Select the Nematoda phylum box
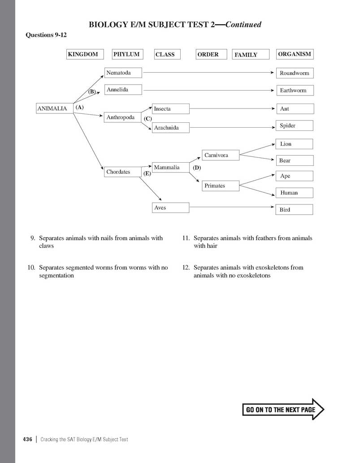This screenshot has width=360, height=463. click(x=123, y=73)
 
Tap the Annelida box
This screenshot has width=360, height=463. click(x=123, y=90)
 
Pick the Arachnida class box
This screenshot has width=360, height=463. click(x=171, y=128)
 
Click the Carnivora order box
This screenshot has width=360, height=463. click(x=221, y=156)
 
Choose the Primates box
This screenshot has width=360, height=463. click(x=221, y=186)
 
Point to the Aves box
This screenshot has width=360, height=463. click(x=171, y=208)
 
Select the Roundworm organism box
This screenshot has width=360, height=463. click(x=294, y=73)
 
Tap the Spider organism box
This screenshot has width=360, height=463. click(x=294, y=126)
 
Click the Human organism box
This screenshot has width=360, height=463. click(x=294, y=193)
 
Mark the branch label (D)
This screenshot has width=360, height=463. click(x=197, y=168)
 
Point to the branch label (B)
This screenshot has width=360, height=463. click(x=92, y=91)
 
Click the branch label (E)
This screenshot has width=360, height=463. click(x=147, y=173)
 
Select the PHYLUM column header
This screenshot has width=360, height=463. click(x=127, y=54)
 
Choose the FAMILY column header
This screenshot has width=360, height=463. click(x=251, y=55)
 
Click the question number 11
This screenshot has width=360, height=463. click(x=187, y=238)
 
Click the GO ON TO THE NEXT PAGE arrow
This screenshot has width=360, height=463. click(x=283, y=409)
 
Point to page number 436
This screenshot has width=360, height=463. click(x=27, y=439)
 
